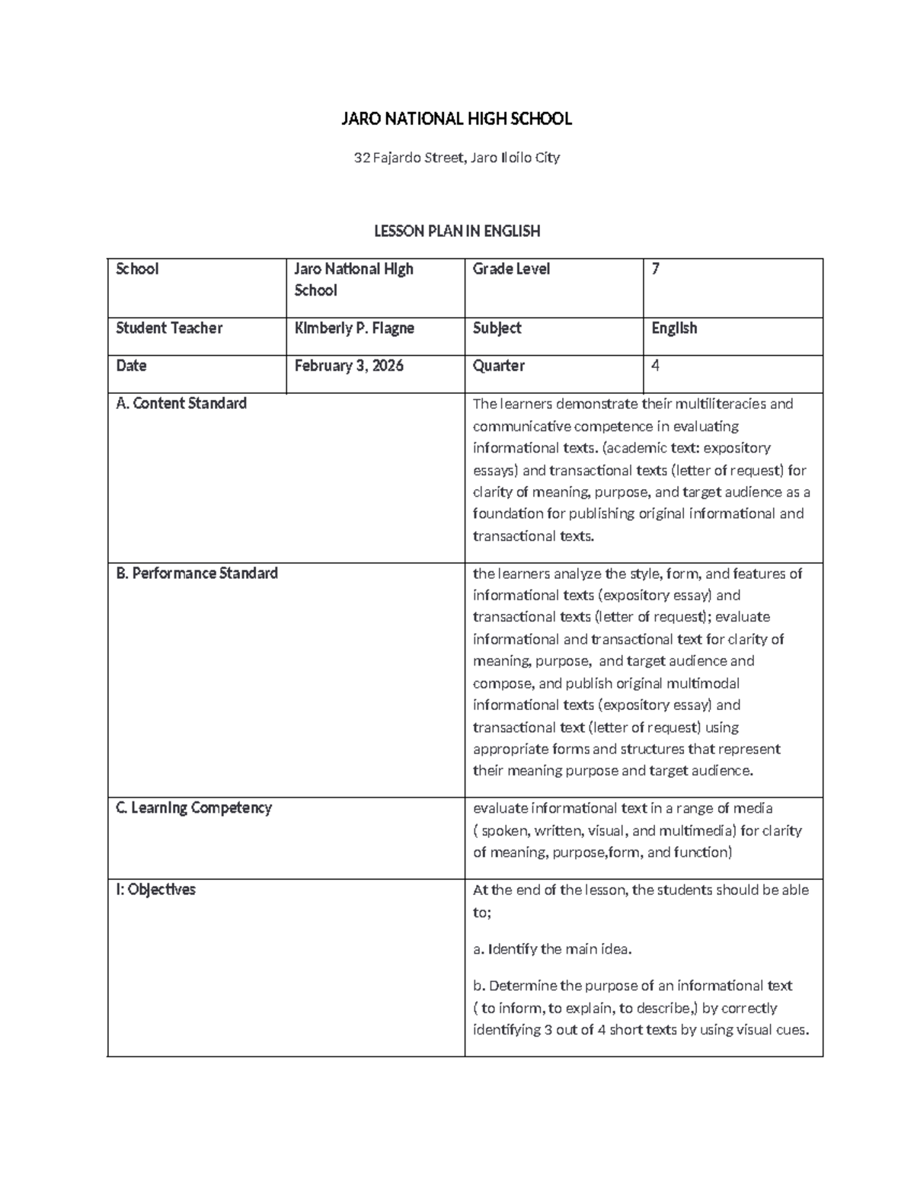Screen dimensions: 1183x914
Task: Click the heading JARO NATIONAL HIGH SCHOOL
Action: click(x=456, y=119)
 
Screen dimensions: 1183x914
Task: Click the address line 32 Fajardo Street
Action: click(x=456, y=158)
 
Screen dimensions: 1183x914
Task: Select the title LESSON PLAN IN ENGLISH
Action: click(x=456, y=231)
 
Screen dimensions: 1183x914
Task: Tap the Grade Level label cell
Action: click(x=511, y=269)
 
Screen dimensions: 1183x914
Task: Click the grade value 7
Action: click(x=656, y=269)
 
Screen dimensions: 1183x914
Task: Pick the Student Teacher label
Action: click(x=169, y=328)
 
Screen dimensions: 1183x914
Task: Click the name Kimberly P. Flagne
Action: click(x=354, y=328)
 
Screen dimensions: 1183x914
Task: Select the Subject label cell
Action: click(x=497, y=328)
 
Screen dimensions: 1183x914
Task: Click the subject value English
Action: click(x=674, y=328)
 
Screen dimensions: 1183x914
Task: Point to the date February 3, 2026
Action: click(x=349, y=366)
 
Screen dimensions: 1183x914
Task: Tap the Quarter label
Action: click(x=498, y=366)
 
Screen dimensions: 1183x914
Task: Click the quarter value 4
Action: click(x=655, y=366)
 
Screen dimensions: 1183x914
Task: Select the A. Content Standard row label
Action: click(x=181, y=404)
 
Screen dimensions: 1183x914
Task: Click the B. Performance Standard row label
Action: click(x=197, y=573)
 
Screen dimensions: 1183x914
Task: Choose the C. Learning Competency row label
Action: click(x=193, y=807)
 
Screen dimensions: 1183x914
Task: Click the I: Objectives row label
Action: click(x=155, y=890)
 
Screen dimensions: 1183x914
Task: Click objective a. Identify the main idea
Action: click(x=552, y=949)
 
